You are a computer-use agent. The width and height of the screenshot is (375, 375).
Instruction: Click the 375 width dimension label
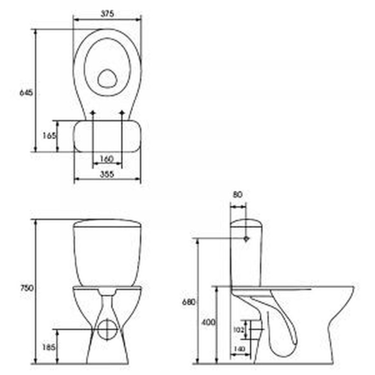click(x=107, y=13)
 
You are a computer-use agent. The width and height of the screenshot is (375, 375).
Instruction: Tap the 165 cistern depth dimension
click(x=49, y=136)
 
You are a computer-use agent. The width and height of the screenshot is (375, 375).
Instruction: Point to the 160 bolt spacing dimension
click(x=107, y=159)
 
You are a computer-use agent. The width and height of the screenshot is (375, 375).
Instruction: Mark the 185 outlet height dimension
click(x=49, y=347)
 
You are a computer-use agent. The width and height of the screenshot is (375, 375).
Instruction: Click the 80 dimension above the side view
click(x=238, y=194)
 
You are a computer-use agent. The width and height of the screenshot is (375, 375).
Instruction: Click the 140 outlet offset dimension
click(x=239, y=349)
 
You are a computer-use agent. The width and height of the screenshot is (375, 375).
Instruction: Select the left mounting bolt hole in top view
click(x=93, y=112)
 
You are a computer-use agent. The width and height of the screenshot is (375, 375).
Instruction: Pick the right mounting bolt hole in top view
click(x=122, y=112)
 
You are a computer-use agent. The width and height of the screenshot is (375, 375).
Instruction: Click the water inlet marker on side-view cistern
click(x=246, y=238)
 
